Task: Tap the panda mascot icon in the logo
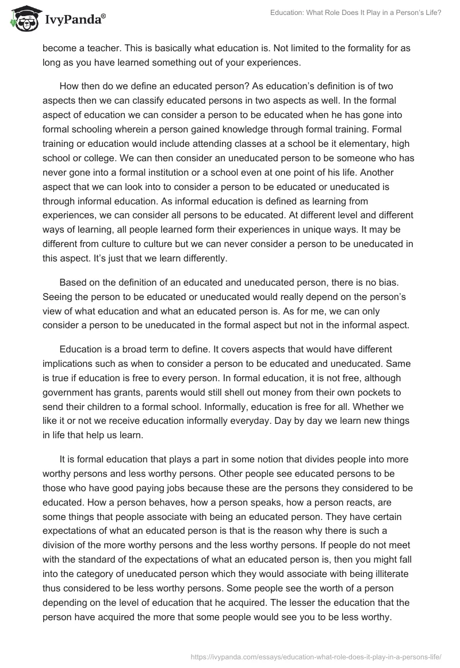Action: [x=24, y=18]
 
